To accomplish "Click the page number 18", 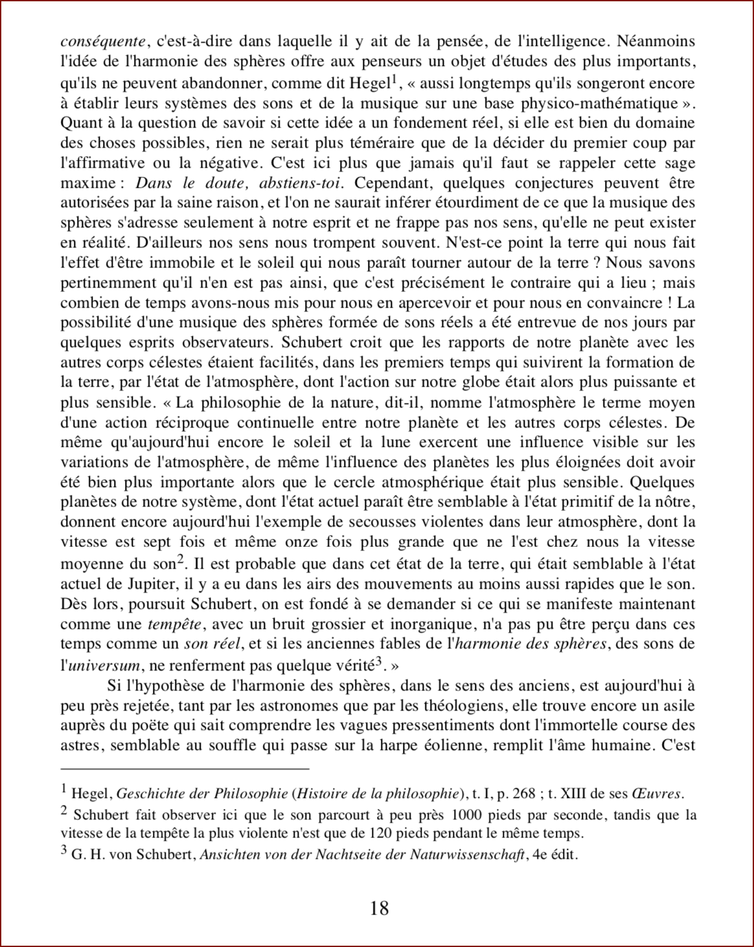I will click(380, 907).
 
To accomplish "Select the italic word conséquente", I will click(102, 42).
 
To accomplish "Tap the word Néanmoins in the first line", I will click(656, 42).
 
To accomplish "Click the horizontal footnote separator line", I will click(185, 769).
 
